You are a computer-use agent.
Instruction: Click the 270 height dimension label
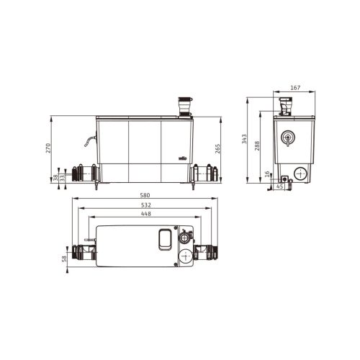pos(49,148)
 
